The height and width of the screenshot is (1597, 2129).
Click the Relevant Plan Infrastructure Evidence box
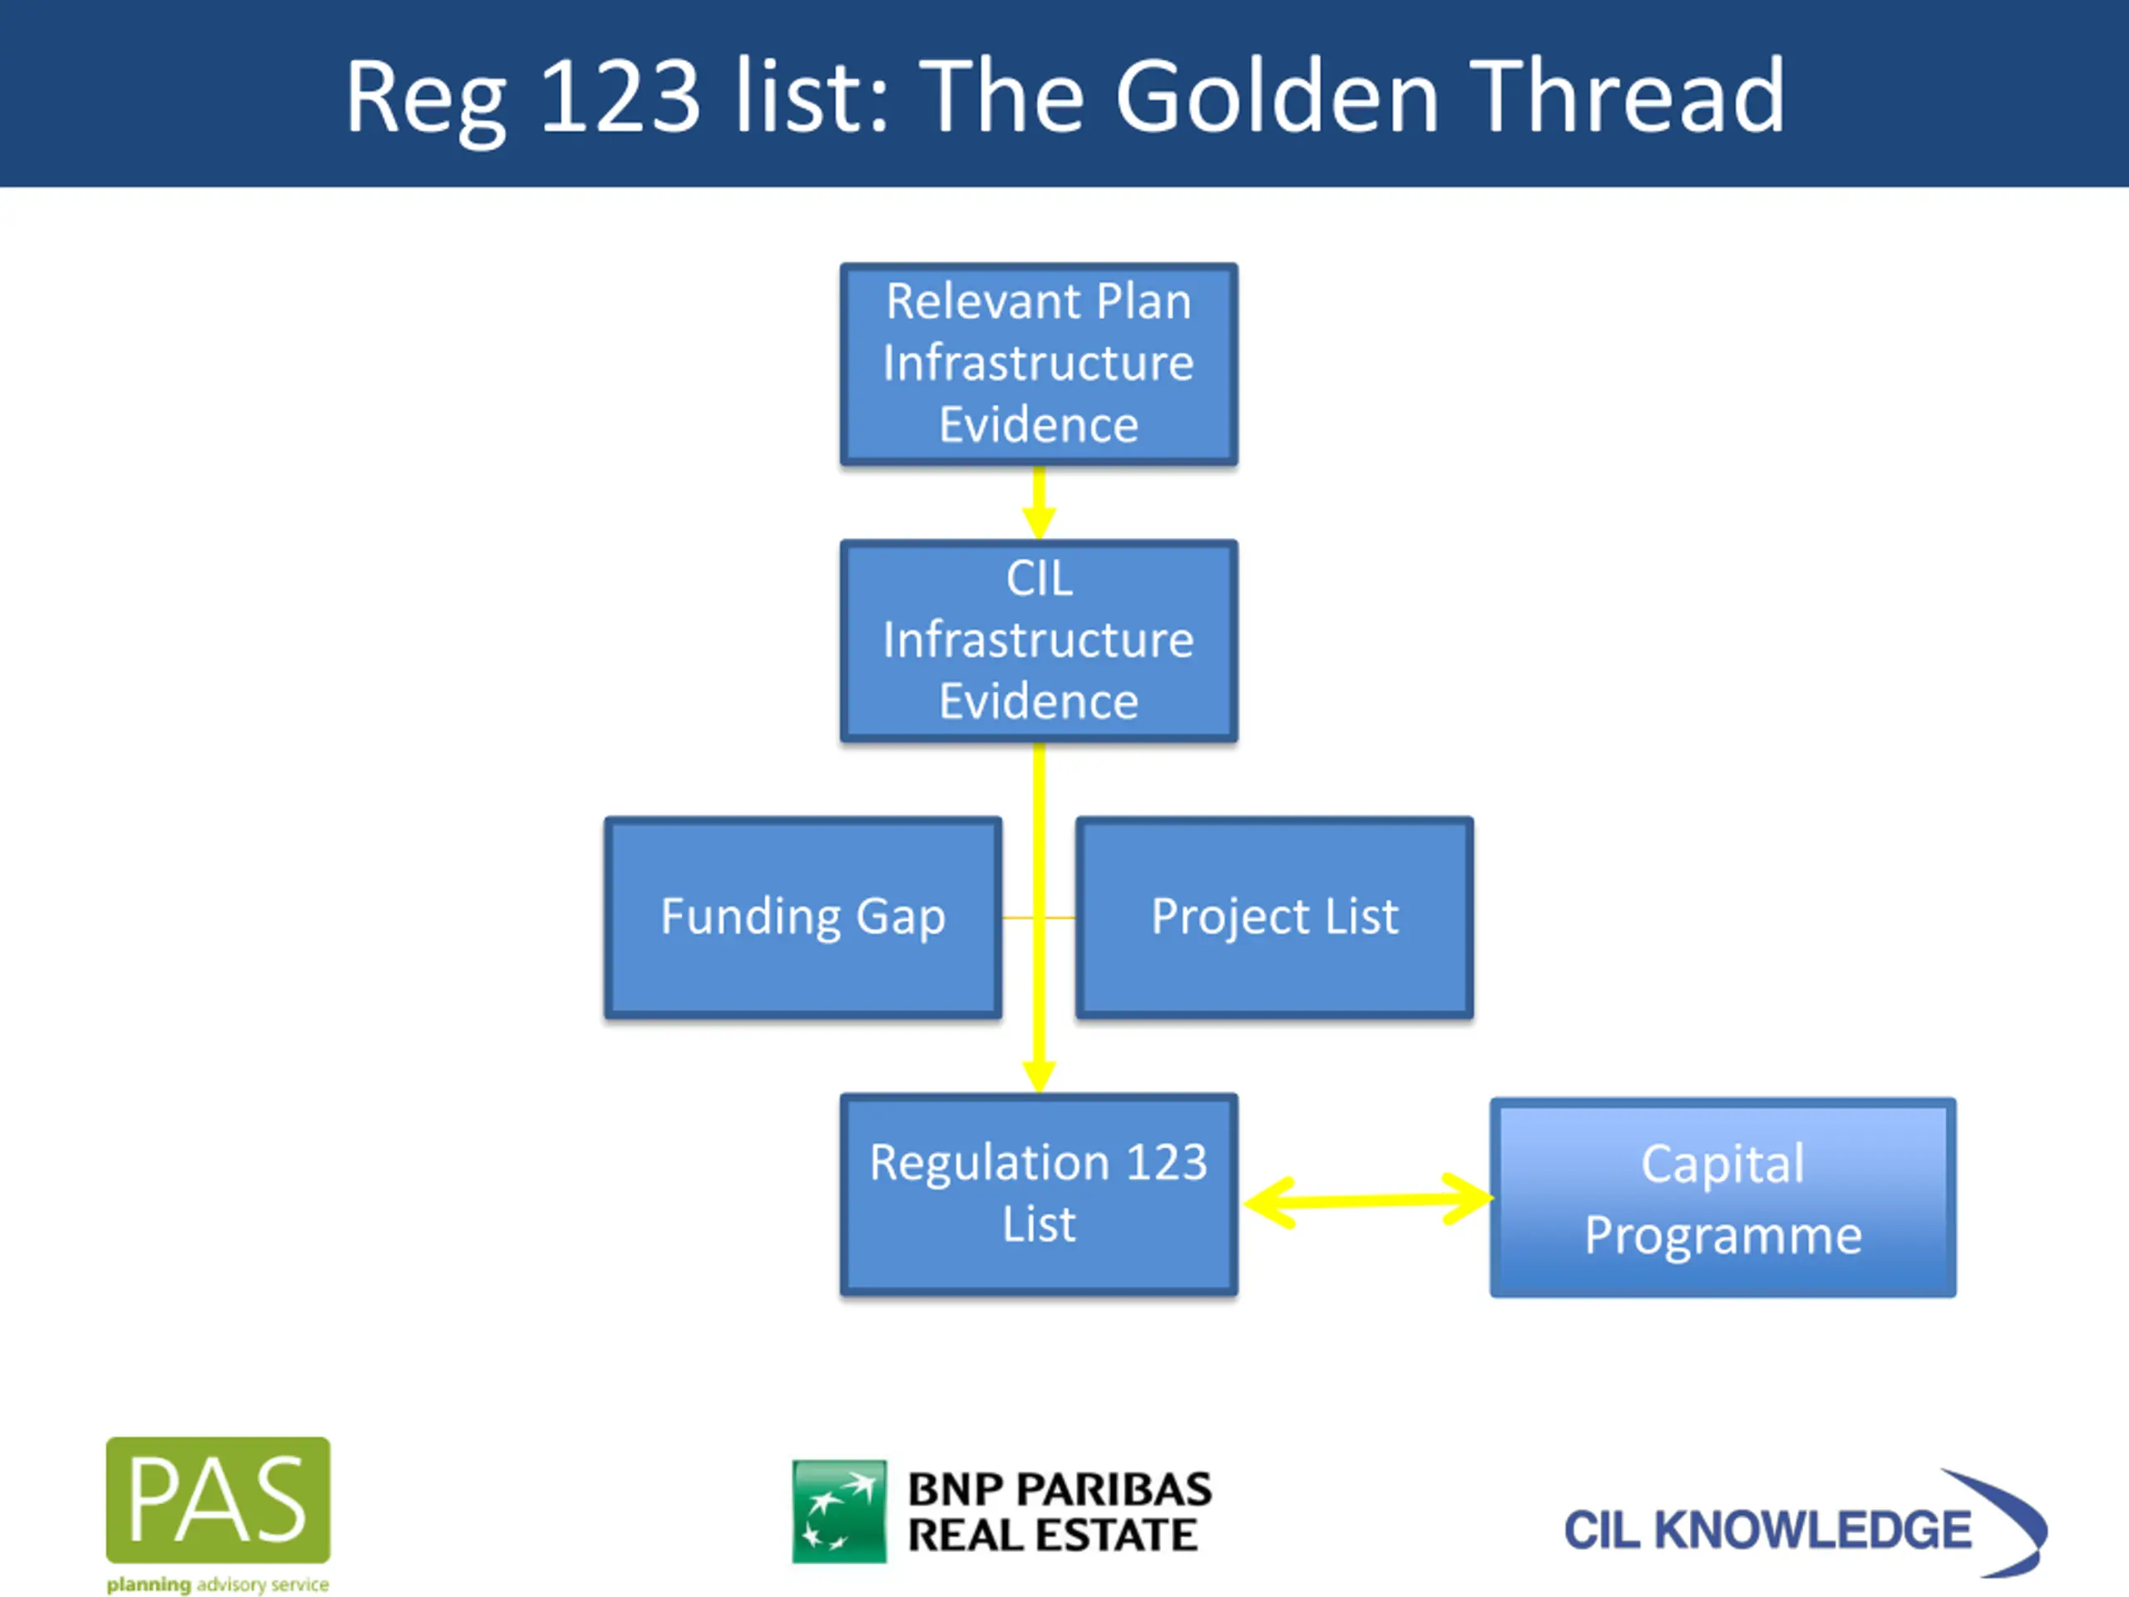point(1039,363)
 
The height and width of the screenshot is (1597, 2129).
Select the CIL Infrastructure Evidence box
point(1039,640)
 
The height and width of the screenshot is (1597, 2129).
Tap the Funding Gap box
point(803,917)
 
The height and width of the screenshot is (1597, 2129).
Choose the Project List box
point(1274,917)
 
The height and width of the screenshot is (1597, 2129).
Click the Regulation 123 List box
point(1039,1194)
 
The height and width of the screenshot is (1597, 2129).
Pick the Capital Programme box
point(1723,1198)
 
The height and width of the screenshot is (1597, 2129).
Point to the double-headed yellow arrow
point(1366,1199)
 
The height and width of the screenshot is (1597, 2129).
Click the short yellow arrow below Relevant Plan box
point(1039,502)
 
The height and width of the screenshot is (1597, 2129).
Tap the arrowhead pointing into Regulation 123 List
point(1039,1075)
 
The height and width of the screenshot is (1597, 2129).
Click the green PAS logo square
point(218,1499)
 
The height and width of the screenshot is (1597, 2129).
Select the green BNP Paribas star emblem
point(838,1511)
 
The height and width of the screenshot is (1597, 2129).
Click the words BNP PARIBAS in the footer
point(1060,1489)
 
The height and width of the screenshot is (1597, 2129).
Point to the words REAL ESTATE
point(1053,1535)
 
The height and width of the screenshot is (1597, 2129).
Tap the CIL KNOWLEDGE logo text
point(1767,1530)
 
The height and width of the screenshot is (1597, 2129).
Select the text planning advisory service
point(218,1585)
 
